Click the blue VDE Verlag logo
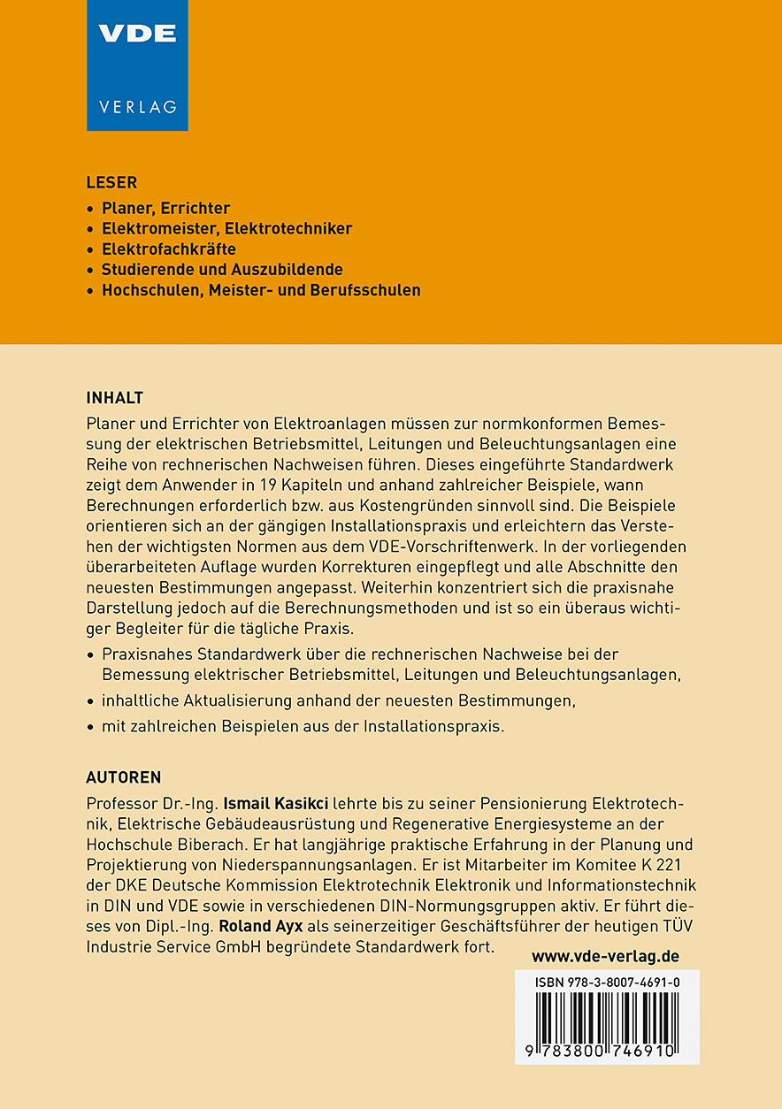137,65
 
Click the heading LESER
111,183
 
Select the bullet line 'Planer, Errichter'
165,209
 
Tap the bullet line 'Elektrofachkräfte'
169,249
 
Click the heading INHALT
115,397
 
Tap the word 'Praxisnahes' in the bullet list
145,654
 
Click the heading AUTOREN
124,778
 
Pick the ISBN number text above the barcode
607,983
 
